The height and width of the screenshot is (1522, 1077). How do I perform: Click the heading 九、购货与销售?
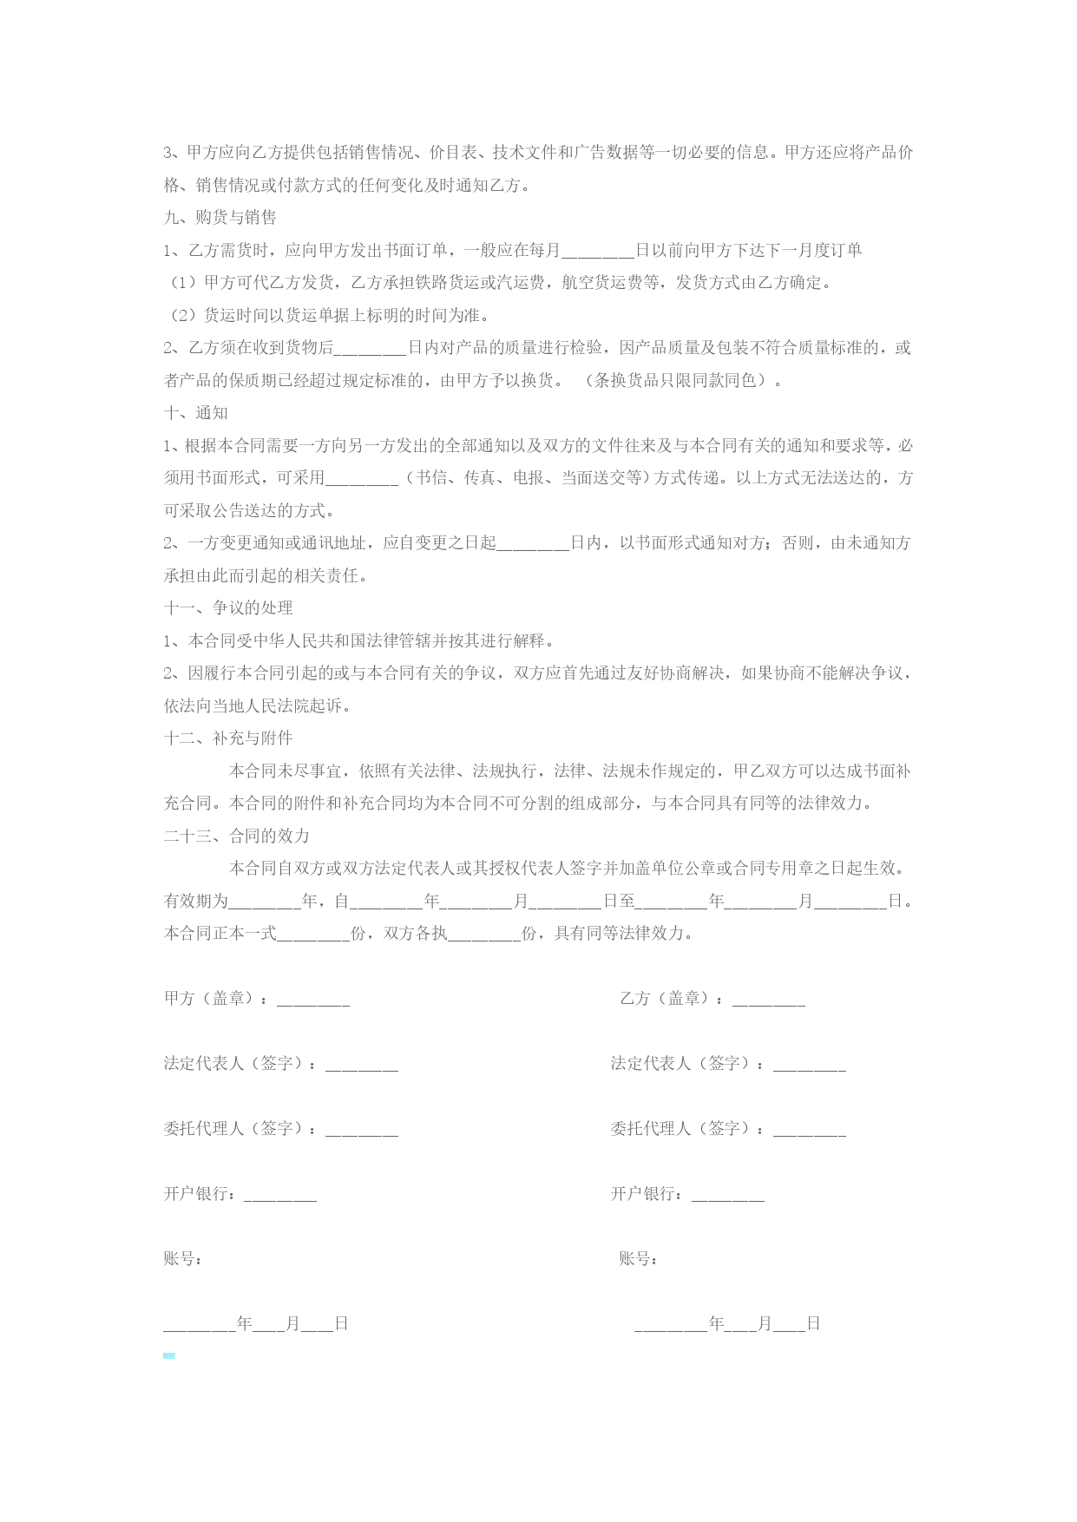point(220,218)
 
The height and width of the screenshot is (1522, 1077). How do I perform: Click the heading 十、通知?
point(196,413)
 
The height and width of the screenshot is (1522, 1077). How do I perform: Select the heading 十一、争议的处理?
point(228,608)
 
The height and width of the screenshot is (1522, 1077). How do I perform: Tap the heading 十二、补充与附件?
point(228,738)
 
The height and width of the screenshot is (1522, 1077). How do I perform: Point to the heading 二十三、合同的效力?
point(237,836)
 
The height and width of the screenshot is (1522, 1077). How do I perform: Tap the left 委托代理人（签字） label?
point(240,1129)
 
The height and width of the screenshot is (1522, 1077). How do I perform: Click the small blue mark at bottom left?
point(169,1355)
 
